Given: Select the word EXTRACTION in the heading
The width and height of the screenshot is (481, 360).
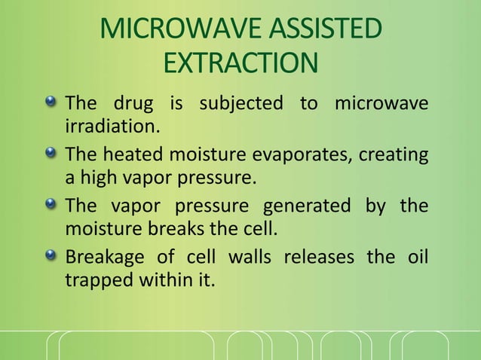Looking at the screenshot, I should (x=240, y=63).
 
